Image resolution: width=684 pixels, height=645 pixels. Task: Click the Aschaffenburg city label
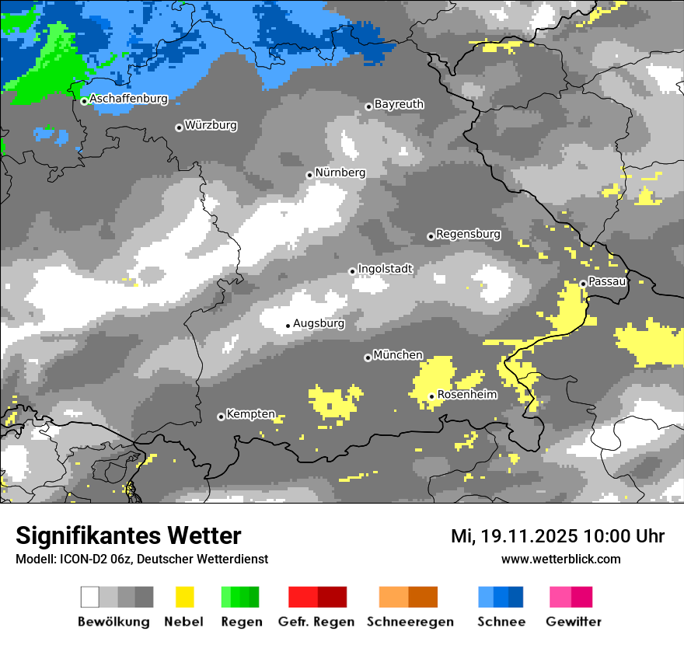[x=128, y=99]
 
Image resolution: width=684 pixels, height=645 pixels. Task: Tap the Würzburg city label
[x=211, y=125]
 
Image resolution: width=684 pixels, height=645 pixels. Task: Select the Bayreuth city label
[x=399, y=104]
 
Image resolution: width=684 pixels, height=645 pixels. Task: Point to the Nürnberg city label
[x=340, y=173]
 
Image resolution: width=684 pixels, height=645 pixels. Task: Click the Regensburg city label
[x=468, y=234]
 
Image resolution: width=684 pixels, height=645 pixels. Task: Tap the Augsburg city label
[x=319, y=323]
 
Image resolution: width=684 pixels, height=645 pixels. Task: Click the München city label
[x=398, y=355]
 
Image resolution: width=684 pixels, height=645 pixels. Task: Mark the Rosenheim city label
[x=466, y=395]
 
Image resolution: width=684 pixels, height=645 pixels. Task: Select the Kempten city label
[x=250, y=414]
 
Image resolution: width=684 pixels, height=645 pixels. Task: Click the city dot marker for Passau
[x=583, y=284]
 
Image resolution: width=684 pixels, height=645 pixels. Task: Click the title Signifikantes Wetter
[x=128, y=535]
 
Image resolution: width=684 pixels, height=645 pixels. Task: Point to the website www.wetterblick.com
[x=560, y=559]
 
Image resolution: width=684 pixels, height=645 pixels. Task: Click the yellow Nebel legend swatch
[x=184, y=597]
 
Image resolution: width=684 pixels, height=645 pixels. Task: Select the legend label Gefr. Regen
[x=316, y=622]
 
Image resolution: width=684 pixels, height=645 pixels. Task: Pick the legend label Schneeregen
[x=410, y=622]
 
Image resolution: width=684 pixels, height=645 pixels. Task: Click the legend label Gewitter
[x=574, y=622]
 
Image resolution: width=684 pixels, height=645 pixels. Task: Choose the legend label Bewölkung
[x=113, y=622]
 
